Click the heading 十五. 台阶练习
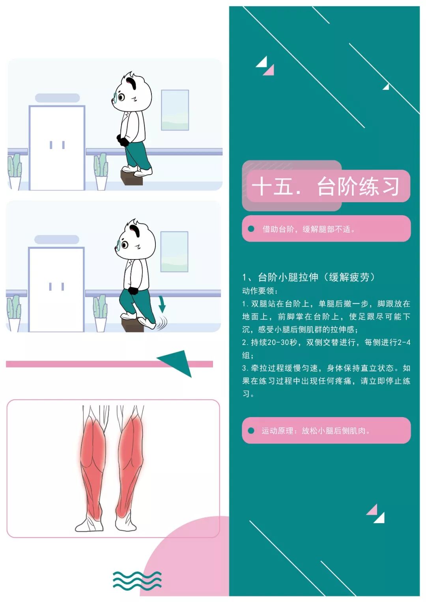pyautogui.click(x=325, y=186)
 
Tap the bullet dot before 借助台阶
pyautogui.click(x=251, y=229)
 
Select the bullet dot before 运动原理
pyautogui.click(x=251, y=431)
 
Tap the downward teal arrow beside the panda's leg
pyautogui.click(x=162, y=304)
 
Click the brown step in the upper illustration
pyautogui.click(x=132, y=178)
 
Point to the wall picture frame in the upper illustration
pyautogui.click(x=175, y=110)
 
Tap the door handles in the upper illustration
pyautogui.click(x=57, y=145)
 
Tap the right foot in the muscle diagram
pyautogui.click(x=125, y=520)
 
